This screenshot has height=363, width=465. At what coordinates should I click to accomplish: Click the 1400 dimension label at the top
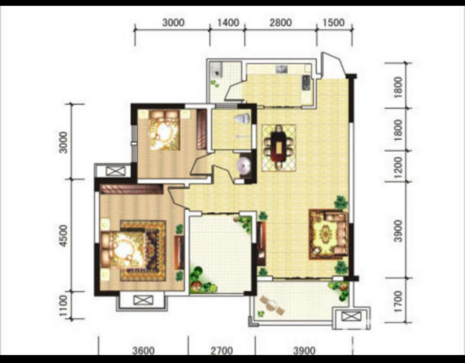(228, 23)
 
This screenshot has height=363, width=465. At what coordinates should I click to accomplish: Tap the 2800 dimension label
(281, 23)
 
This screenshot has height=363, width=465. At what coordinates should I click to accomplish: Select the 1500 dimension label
(334, 23)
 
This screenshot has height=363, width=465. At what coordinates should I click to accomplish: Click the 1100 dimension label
(63, 306)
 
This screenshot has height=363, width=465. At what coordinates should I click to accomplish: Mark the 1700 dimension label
(398, 301)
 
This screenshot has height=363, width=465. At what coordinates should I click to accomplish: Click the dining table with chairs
(279, 148)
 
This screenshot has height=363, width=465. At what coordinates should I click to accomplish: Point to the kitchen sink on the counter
(282, 69)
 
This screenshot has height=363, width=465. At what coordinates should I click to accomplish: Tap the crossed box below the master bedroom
(143, 300)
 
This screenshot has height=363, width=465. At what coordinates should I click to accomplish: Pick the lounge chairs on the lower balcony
(273, 305)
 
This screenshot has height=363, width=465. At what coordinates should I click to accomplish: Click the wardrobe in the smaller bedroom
(201, 130)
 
